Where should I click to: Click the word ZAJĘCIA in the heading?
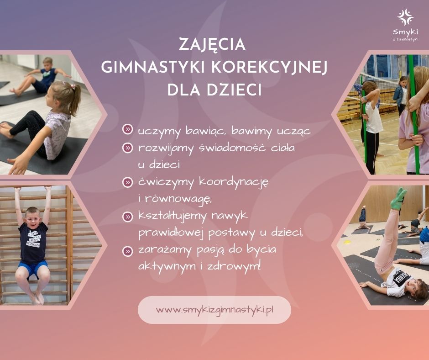tap(212, 44)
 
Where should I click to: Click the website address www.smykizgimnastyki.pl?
tap(214, 310)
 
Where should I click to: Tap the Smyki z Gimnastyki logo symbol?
tap(405, 17)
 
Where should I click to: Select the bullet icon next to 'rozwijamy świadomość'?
tap(127, 148)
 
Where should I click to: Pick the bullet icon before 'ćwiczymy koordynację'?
tap(127, 182)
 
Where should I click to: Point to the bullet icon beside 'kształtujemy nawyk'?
tap(127, 217)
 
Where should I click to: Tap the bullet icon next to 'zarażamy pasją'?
tap(127, 251)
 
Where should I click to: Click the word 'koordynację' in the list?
tap(234, 182)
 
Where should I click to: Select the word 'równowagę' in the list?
tap(178, 199)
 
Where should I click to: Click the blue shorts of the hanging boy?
tap(32, 269)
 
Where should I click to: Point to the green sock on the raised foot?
tap(398, 198)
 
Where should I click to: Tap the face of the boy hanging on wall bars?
tap(32, 217)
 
